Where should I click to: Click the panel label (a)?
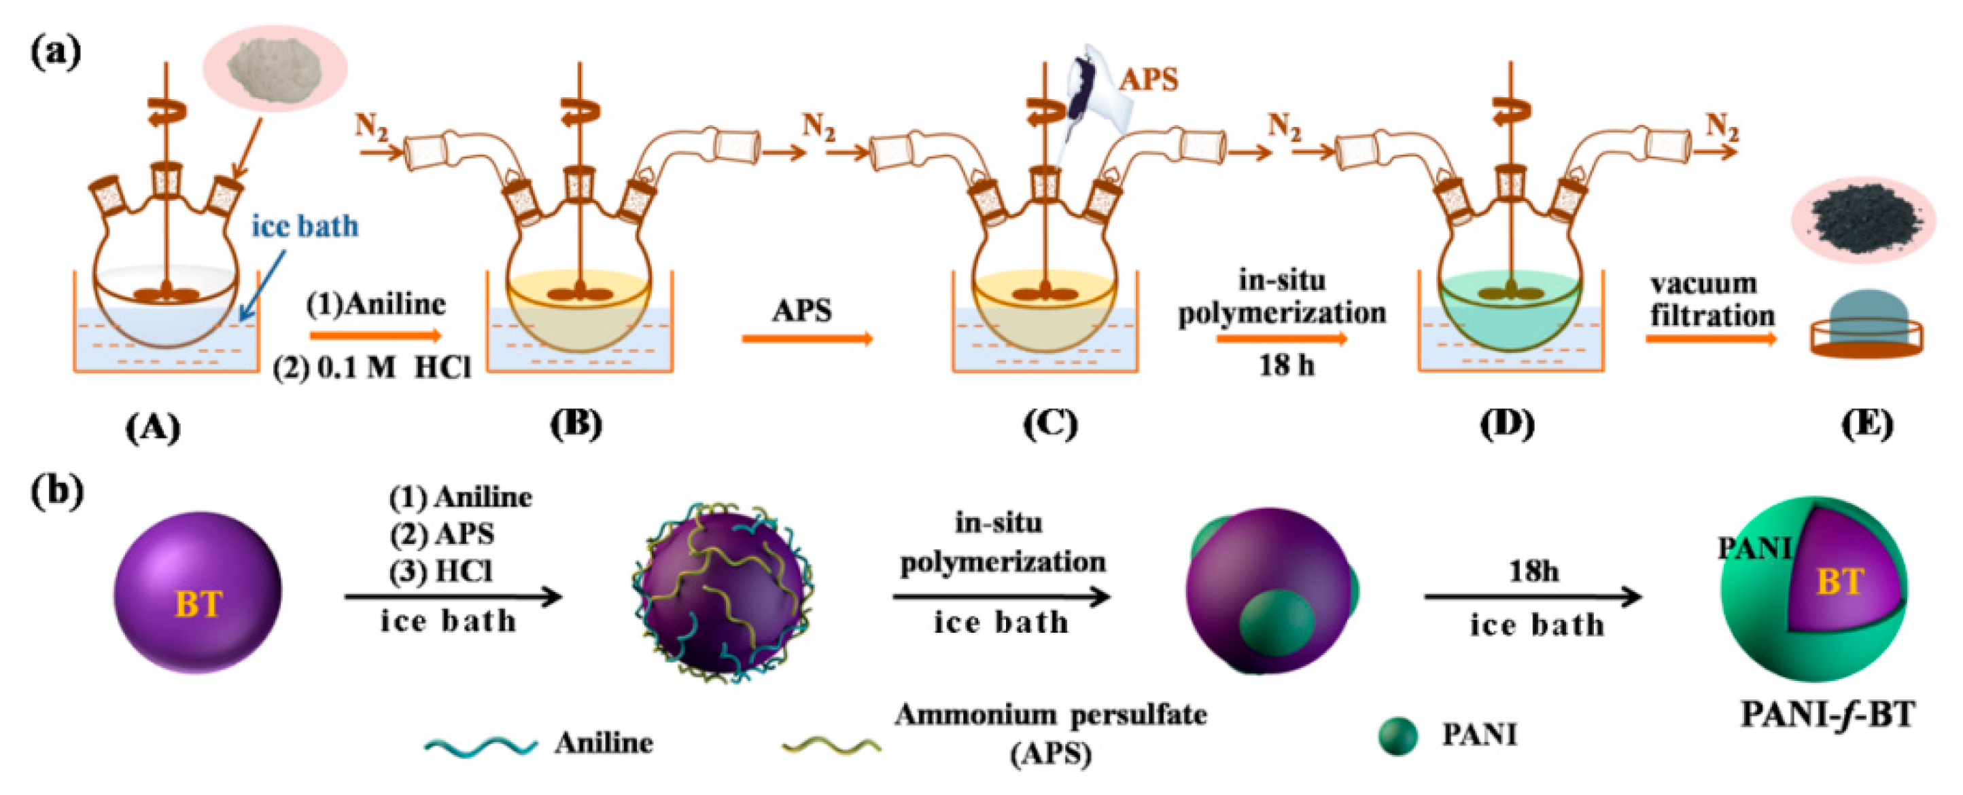(56, 54)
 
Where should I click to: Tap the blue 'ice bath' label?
(305, 226)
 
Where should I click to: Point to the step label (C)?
(1049, 425)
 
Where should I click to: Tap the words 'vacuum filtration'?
(1712, 300)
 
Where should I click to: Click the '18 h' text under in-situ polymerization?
(1285, 365)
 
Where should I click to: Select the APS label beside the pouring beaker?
(1149, 79)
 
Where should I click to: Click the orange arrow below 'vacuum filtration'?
(1710, 337)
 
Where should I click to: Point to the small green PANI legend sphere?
(1397, 737)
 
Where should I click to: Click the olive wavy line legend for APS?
(831, 743)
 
